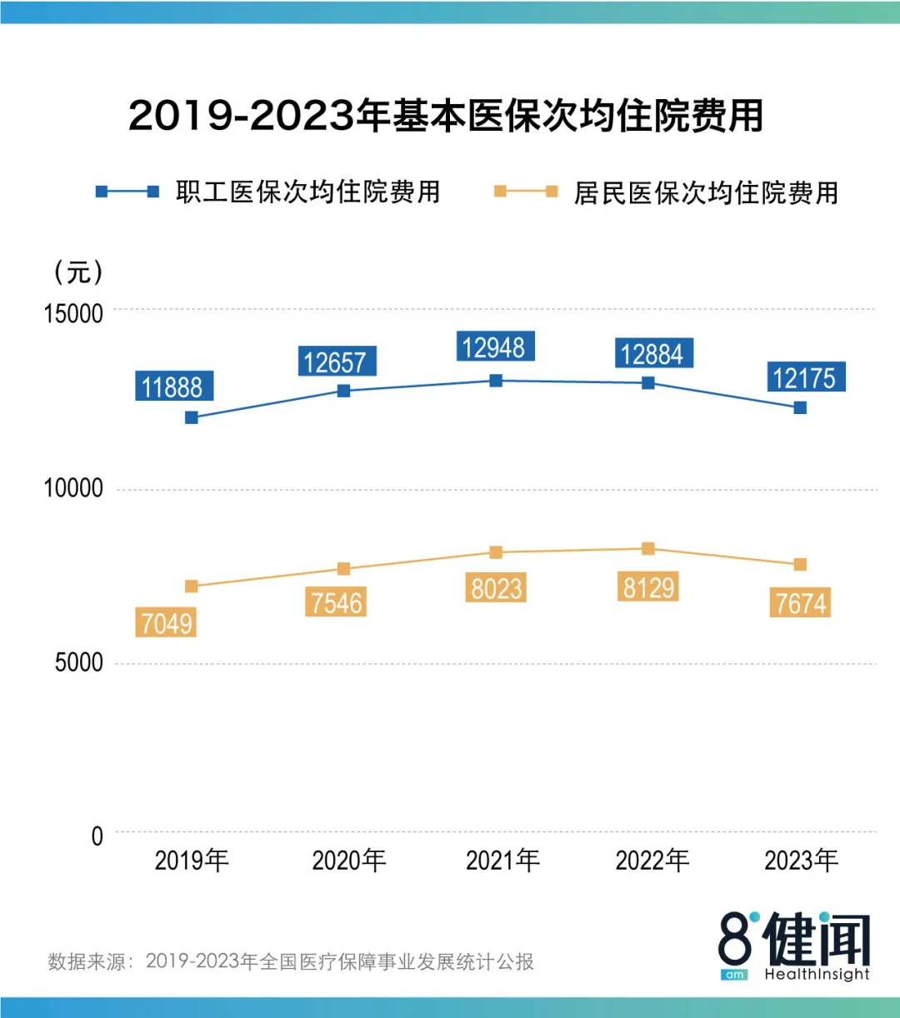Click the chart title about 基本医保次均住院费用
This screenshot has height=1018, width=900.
pos(446,116)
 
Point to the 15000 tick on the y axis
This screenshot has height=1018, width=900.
pos(74,314)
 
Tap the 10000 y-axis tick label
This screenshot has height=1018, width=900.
pos(74,488)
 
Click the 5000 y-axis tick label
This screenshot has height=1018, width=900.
pos(79,663)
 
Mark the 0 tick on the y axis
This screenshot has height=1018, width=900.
pos(97,836)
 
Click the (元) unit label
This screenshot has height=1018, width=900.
pos(78,272)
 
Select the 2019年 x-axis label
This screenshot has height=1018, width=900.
pos(192,861)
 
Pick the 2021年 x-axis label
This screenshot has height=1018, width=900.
pos(502,861)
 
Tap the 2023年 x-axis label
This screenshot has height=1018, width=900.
pos(801,861)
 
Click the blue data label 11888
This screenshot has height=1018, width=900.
pos(172,387)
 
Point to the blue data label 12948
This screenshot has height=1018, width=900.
pos(494,347)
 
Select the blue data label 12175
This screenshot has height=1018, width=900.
pos(804,378)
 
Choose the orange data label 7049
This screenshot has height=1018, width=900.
pos(167,622)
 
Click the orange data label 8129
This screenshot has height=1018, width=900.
pos(649,587)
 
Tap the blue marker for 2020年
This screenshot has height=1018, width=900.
pos(343,391)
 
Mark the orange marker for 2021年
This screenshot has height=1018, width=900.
pos(496,552)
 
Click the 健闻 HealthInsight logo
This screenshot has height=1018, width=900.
pos(795,946)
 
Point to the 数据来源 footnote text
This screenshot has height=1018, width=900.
pos(291,961)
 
